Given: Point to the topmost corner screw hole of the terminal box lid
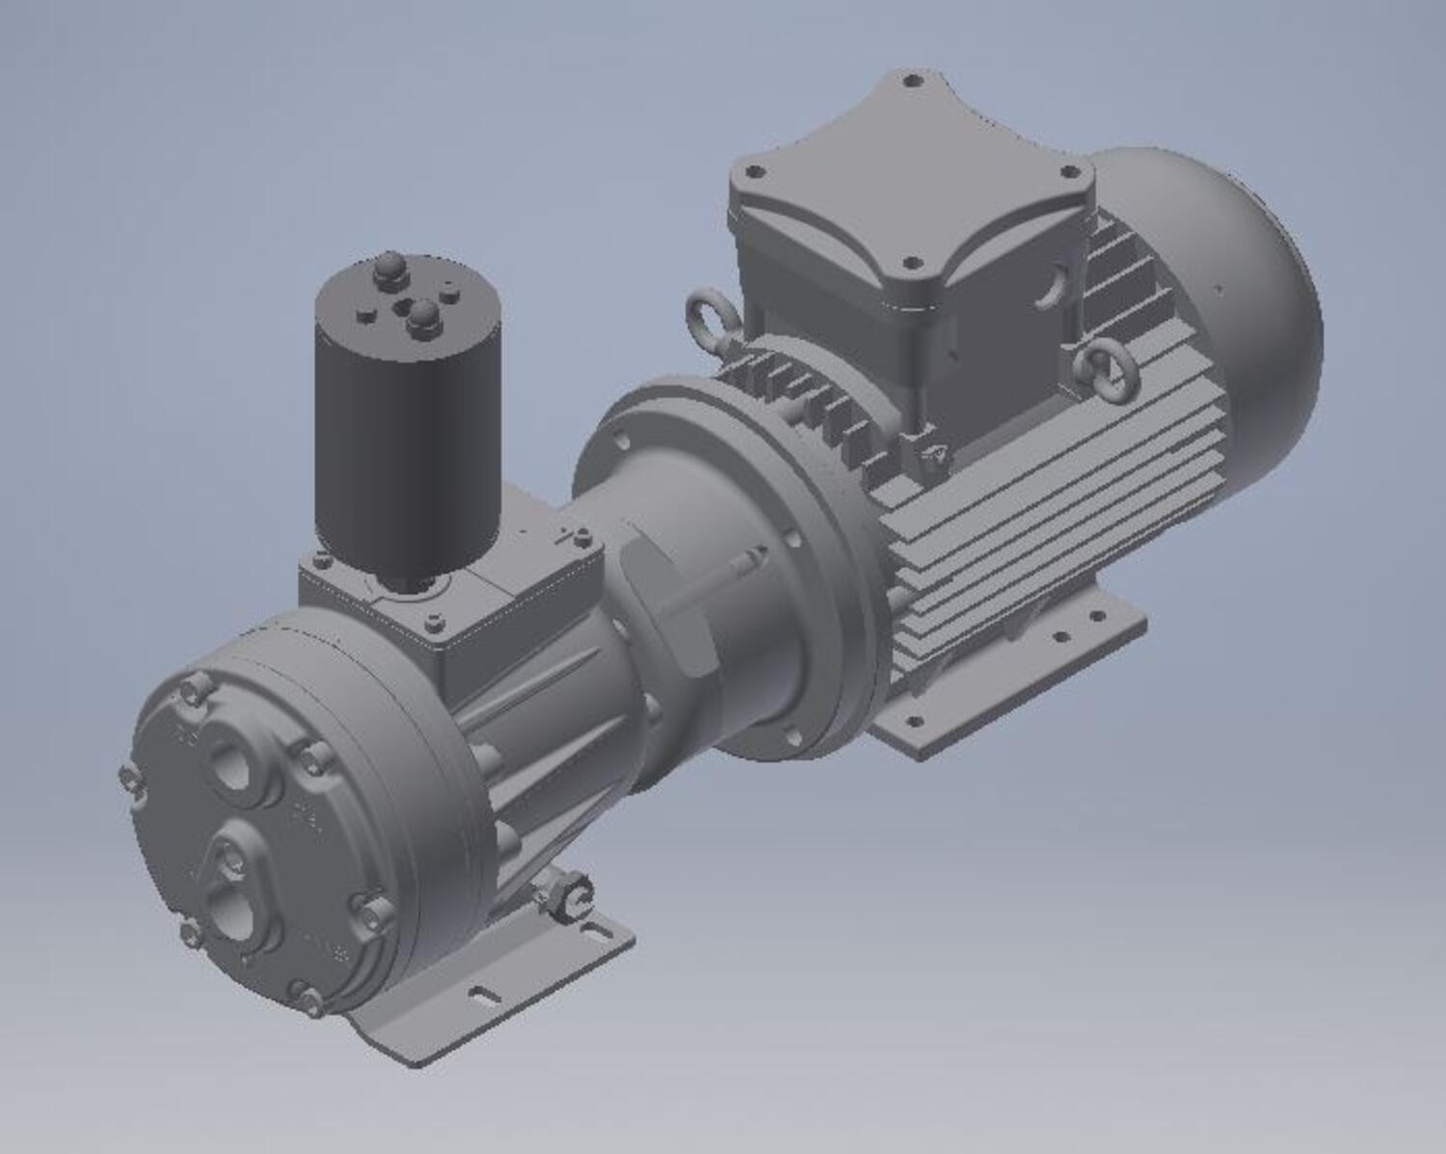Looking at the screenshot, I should coord(912,82).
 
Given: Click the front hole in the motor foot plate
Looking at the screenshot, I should coord(915,719).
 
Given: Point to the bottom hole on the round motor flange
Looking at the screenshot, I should coord(792,737).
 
